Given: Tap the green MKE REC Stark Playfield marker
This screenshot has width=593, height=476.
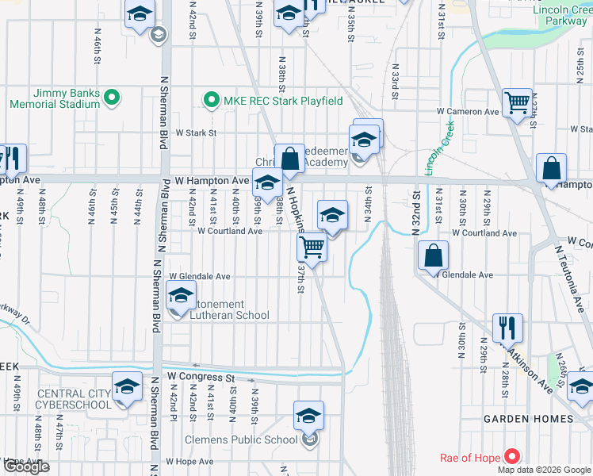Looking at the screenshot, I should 211,100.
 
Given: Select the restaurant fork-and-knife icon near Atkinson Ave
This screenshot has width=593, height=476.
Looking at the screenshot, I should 507,327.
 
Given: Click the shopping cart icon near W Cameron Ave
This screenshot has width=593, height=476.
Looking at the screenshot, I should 517,102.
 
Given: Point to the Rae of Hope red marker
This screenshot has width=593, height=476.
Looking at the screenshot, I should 511,457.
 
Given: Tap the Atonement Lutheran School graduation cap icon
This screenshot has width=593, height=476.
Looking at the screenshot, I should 181,297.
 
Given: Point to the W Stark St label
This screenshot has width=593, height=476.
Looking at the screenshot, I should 196,133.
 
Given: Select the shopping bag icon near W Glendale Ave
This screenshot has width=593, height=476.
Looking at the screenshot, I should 434,255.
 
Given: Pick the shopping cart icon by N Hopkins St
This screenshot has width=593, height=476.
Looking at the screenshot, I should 312,248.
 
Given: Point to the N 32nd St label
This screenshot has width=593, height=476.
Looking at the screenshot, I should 414,213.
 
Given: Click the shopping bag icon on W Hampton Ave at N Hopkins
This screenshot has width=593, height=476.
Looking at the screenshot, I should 290,159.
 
